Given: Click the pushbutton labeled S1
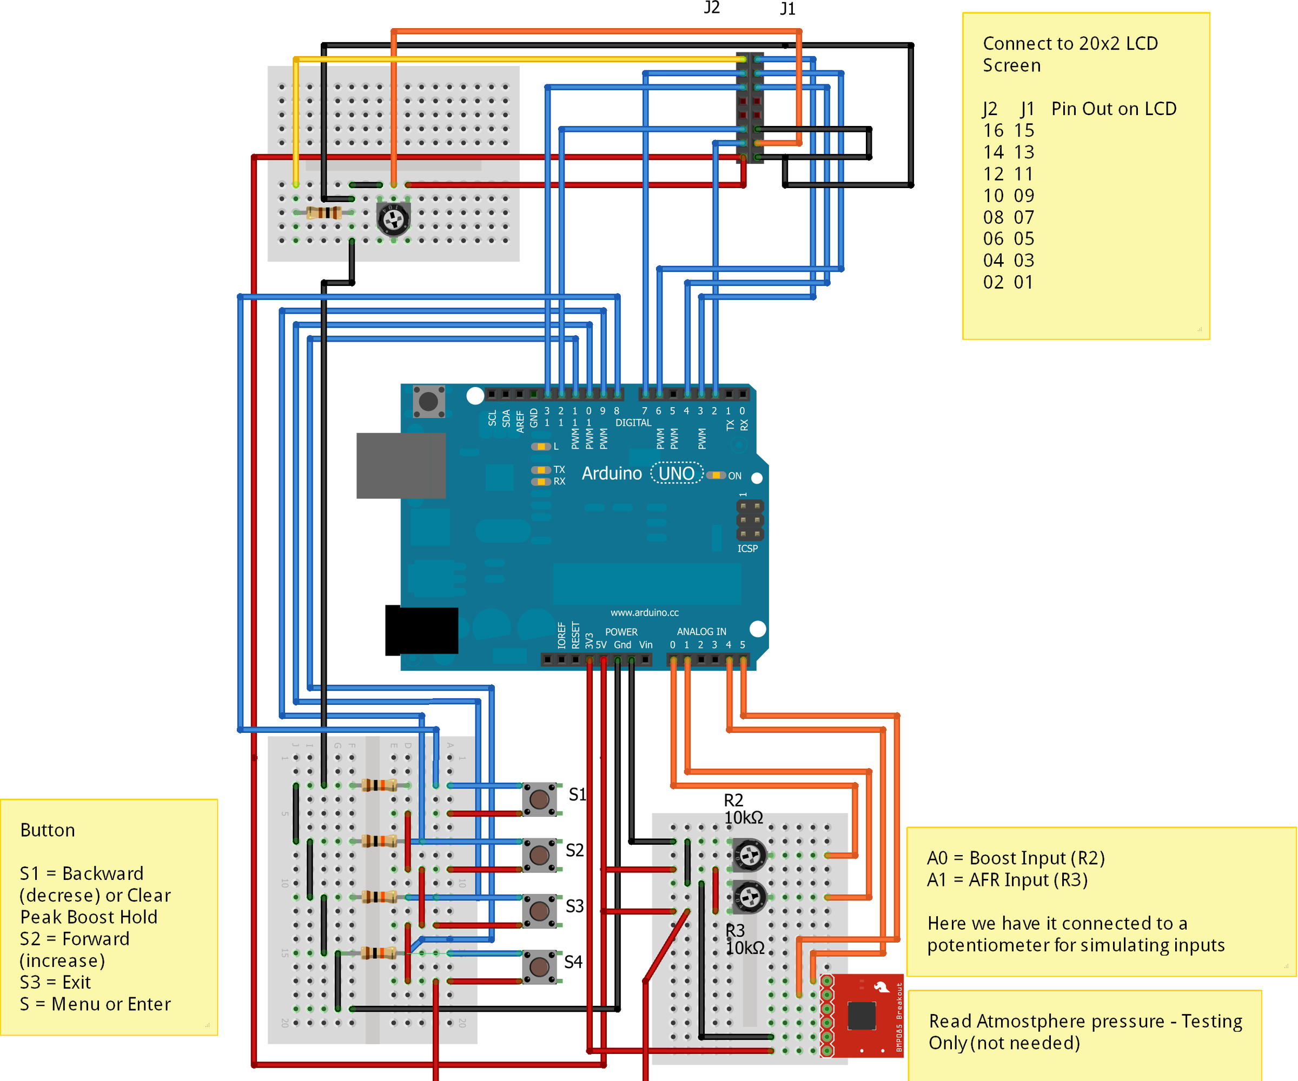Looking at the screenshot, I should (539, 799).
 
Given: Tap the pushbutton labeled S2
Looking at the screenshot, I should (539, 855).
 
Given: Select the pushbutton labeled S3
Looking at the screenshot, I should (539, 911).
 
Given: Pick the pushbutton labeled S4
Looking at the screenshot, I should (539, 966).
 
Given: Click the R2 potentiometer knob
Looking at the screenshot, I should (750, 856).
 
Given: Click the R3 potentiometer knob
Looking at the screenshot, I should (750, 897).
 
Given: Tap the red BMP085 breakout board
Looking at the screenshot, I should (862, 1016).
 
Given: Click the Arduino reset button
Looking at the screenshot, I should (428, 402).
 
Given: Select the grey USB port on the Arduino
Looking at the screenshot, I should (401, 465).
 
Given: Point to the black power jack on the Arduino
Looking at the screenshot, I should (421, 630).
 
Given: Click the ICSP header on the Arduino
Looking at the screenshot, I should (750, 519).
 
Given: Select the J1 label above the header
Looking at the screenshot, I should (787, 9).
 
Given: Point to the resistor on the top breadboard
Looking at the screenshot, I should (324, 213).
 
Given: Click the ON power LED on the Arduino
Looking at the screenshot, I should (716, 475).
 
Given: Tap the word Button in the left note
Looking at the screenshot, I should (48, 830).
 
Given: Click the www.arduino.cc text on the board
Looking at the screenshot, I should (644, 612).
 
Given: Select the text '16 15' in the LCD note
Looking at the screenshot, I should (1008, 130).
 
